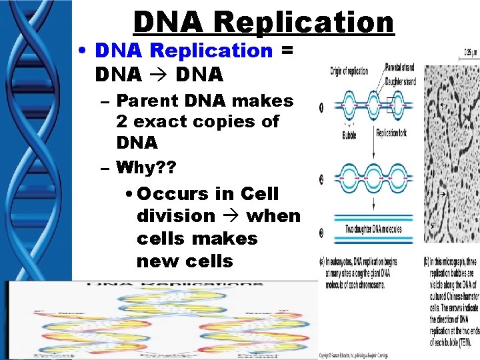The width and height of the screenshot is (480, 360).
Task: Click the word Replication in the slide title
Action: [304, 22]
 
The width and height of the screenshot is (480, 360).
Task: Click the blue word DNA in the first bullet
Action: [117, 51]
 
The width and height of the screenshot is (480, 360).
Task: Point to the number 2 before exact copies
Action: [122, 122]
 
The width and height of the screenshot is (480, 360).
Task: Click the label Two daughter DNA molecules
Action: [373, 229]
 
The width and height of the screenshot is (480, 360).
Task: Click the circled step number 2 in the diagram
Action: [322, 179]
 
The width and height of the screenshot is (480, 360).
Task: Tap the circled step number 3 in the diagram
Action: [322, 233]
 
